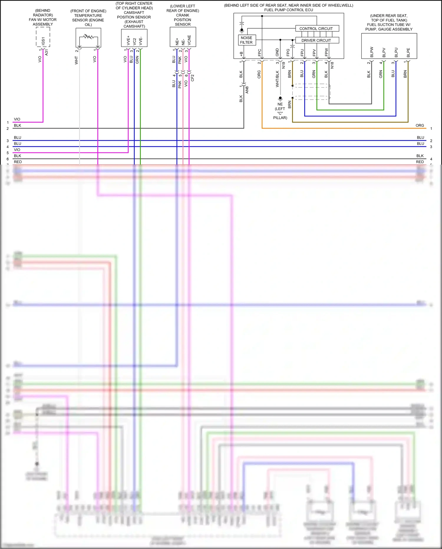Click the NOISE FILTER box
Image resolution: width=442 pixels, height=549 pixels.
247,40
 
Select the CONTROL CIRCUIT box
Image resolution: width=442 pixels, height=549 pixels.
317,29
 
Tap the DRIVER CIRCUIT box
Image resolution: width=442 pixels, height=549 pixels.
317,40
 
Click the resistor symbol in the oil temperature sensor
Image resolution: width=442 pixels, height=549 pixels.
88,37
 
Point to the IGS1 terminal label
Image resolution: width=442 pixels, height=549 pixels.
43,41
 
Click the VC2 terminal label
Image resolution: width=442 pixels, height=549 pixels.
135,41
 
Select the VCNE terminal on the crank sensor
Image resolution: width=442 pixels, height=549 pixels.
189,40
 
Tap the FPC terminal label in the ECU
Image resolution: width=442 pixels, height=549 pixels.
260,53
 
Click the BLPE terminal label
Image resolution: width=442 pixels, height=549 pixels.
408,53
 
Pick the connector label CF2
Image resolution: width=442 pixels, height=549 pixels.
192,78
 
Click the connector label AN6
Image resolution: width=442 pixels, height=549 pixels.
247,90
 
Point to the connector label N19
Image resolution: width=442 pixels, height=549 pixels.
283,65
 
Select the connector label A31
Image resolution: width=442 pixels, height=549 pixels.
47,53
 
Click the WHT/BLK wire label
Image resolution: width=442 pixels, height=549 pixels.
277,79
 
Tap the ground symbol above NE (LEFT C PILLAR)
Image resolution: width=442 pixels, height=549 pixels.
280,99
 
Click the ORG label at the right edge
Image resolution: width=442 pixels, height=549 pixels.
420,125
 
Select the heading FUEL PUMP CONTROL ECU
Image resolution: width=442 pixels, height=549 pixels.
288,10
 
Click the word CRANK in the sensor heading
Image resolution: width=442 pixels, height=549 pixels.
183,15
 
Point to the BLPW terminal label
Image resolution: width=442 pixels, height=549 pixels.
372,52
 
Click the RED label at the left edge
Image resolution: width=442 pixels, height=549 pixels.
18,162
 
